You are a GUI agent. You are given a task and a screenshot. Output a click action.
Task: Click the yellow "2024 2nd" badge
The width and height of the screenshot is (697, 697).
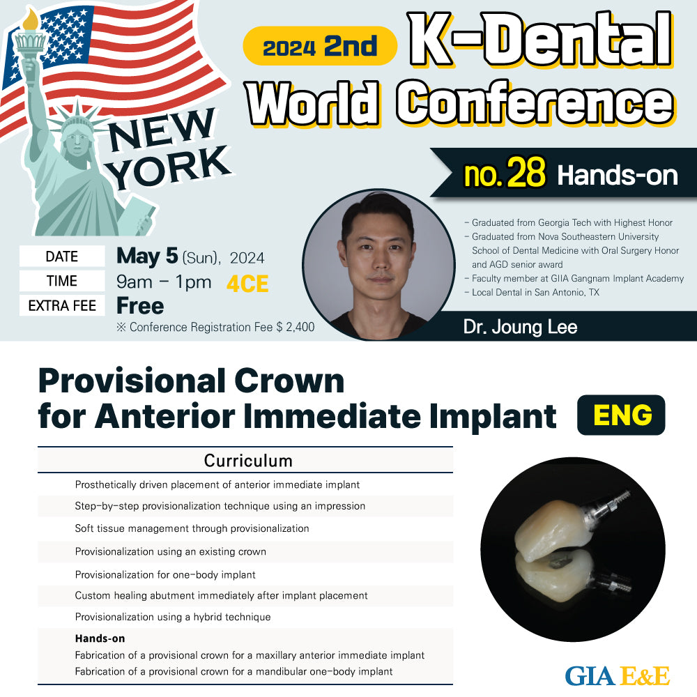pyautogui.click(x=320, y=46)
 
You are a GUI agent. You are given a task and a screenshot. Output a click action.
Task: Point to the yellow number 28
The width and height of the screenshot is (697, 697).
pyautogui.click(x=526, y=172)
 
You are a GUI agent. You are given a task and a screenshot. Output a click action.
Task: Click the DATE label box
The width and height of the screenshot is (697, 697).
pyautogui.click(x=62, y=256)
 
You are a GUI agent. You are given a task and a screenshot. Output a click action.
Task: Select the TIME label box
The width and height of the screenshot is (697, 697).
pyautogui.click(x=62, y=281)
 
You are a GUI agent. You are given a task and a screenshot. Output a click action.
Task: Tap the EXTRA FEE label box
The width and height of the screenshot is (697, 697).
pyautogui.click(x=62, y=305)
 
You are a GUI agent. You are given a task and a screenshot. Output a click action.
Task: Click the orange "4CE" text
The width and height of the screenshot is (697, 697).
pyautogui.click(x=247, y=284)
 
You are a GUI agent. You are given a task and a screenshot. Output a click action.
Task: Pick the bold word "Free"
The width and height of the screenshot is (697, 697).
pyautogui.click(x=140, y=306)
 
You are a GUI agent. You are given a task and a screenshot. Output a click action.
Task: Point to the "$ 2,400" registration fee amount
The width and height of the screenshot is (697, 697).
pyautogui.click(x=295, y=327)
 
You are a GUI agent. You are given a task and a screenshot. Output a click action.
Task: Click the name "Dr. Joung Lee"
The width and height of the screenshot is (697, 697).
pyautogui.click(x=520, y=327)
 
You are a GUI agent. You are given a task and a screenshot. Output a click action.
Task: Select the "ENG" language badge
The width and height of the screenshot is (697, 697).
pyautogui.click(x=621, y=415)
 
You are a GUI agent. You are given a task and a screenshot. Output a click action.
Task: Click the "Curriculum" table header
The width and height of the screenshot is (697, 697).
pyautogui.click(x=248, y=461)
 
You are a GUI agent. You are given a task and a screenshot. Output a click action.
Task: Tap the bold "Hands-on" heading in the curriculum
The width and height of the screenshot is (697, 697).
pyautogui.click(x=100, y=638)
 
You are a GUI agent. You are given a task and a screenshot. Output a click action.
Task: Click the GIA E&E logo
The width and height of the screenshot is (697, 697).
pyautogui.click(x=618, y=675)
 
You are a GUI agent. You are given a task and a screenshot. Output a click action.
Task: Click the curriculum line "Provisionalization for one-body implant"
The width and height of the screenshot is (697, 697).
pyautogui.click(x=165, y=575)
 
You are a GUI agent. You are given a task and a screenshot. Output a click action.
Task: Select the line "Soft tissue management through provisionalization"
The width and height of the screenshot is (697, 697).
pyautogui.click(x=192, y=528)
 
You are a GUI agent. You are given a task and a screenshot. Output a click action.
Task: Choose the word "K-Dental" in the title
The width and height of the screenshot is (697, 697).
pyautogui.click(x=541, y=39)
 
